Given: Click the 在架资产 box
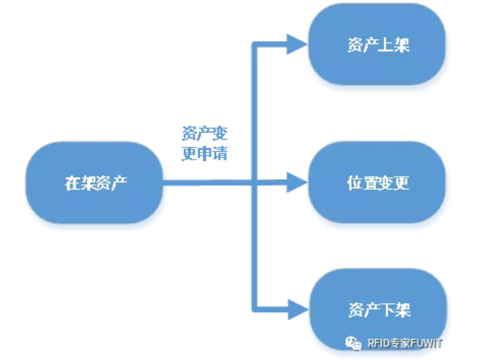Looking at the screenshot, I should (95, 183).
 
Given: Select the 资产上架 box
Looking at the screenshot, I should (378, 46).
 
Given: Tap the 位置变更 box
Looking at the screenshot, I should (378, 183).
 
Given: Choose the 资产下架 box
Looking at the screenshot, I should (378, 309).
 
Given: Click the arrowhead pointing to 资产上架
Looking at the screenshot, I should (296, 45).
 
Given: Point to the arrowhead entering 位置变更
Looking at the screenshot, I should (296, 182).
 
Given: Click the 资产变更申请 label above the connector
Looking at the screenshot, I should (204, 144).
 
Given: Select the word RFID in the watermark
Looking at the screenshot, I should (377, 343).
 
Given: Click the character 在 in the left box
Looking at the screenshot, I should (72, 183).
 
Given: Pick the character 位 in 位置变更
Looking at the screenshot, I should (353, 183).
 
